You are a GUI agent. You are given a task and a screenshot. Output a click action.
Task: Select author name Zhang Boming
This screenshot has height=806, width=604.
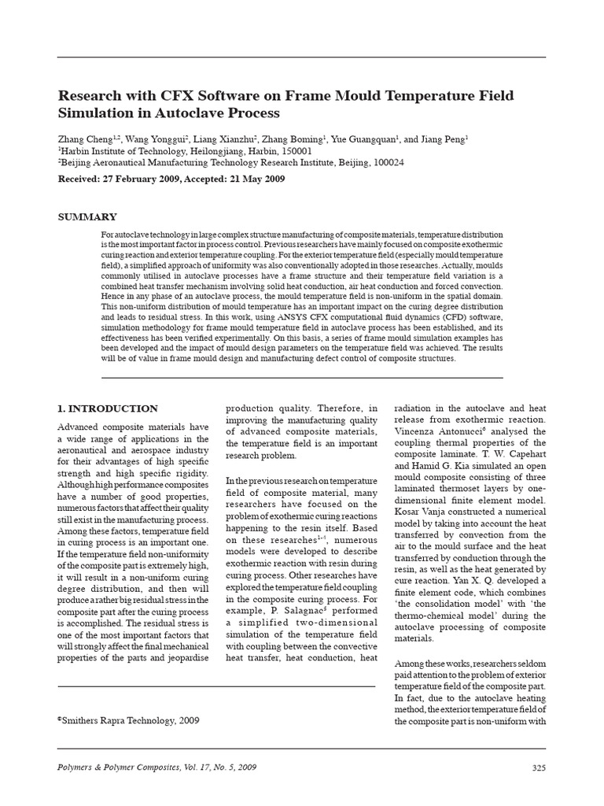click(x=288, y=138)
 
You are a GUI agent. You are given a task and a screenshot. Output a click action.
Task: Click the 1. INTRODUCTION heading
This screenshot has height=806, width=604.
click(x=109, y=409)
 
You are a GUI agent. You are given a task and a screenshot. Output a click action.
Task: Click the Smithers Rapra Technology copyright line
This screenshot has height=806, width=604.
click(x=129, y=719)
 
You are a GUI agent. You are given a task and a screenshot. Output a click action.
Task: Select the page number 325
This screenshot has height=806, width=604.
click(x=538, y=767)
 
